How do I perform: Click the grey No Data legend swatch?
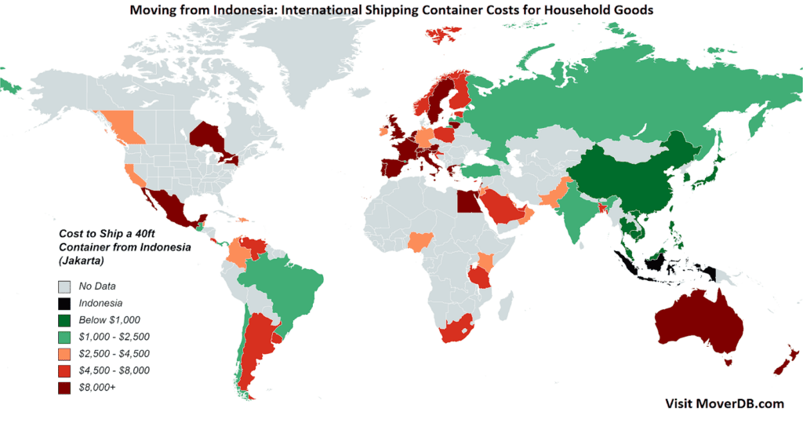point(64,286)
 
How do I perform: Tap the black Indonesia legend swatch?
point(64,303)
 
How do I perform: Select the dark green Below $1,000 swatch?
point(64,320)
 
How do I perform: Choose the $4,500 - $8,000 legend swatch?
point(64,370)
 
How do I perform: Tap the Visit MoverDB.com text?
point(724,403)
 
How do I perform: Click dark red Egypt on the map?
point(467,202)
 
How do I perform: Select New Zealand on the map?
point(785,362)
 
